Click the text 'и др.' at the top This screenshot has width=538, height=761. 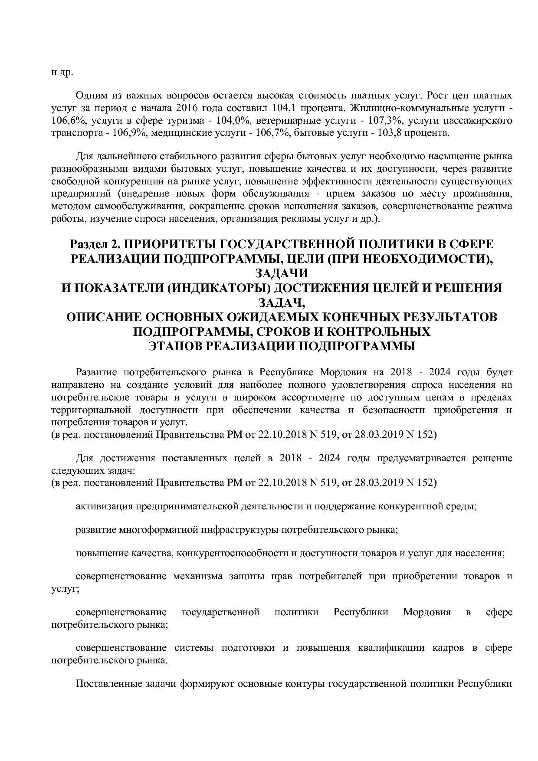coord(62,72)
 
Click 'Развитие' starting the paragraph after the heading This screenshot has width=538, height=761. coord(97,372)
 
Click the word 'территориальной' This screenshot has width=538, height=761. coord(91,410)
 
